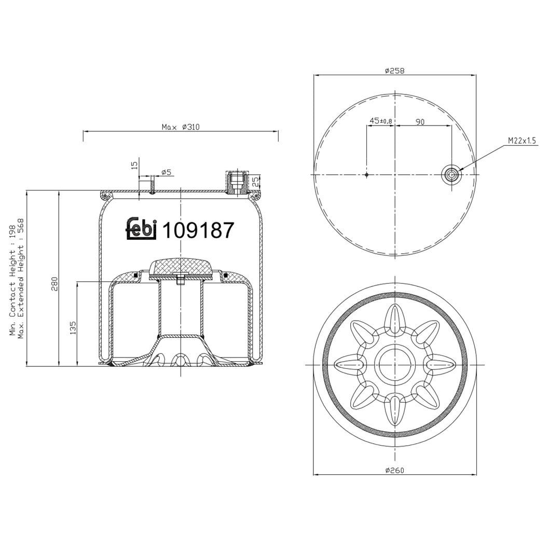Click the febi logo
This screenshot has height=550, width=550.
(142, 228)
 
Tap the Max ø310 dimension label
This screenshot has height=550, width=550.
(180, 127)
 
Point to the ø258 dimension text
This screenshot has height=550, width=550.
(394, 71)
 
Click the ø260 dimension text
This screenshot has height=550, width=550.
(394, 471)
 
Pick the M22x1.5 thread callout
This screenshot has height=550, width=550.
(521, 141)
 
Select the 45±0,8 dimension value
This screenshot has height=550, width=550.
(380, 121)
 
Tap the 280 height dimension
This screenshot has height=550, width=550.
(54, 284)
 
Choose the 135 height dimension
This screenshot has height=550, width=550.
(73, 327)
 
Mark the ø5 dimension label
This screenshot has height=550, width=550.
(166, 172)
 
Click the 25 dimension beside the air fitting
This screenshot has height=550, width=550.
(255, 182)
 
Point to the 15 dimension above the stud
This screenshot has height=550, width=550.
(134, 165)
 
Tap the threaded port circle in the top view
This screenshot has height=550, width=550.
(451, 175)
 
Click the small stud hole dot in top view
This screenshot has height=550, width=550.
(366, 175)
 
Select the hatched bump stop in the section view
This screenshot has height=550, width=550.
(180, 267)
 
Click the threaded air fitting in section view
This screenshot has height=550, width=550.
(237, 182)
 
